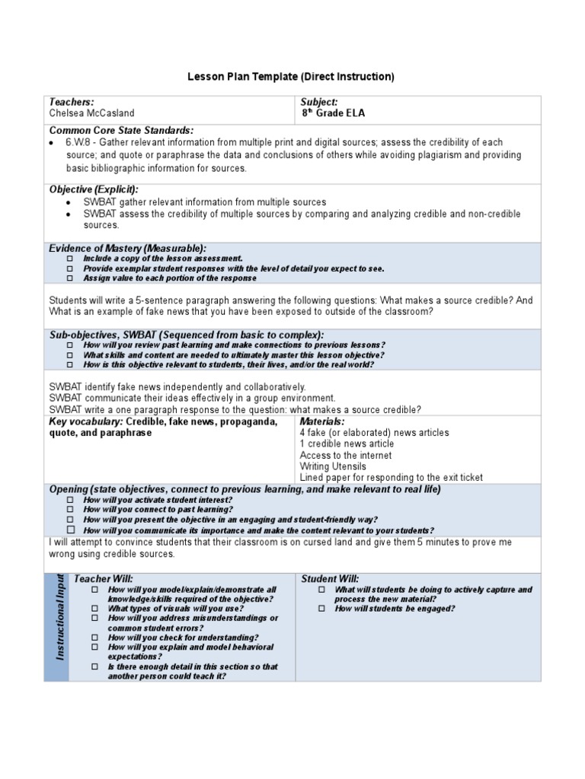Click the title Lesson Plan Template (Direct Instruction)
click(x=291, y=77)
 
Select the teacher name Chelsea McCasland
click(x=91, y=113)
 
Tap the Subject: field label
click(x=319, y=102)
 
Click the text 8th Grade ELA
click(x=333, y=113)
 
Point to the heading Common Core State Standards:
click(x=121, y=131)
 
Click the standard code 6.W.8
click(x=79, y=142)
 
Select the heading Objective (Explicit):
click(x=94, y=189)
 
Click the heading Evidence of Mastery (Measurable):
click(x=127, y=249)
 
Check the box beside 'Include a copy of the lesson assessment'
click(x=70, y=259)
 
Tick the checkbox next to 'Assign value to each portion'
click(x=70, y=278)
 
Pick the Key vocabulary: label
click(x=85, y=421)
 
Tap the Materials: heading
click(x=322, y=421)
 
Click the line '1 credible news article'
click(x=347, y=444)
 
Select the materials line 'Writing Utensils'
click(x=333, y=466)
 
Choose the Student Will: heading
click(x=331, y=579)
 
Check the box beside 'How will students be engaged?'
click(x=321, y=609)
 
